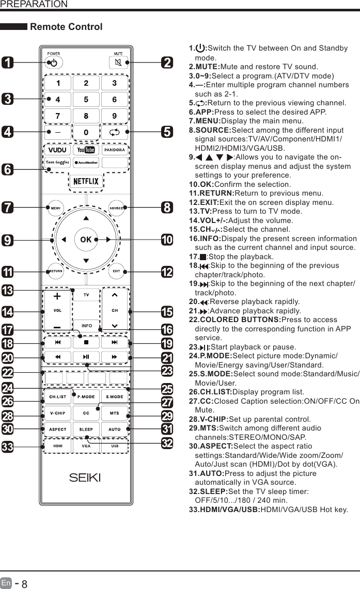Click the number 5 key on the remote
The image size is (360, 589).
[86, 100]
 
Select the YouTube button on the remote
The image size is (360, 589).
[86, 150]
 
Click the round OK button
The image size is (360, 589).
[86, 240]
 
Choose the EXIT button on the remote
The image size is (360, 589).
[117, 271]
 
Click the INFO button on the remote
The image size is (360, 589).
[86, 326]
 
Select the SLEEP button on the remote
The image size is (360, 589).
[86, 429]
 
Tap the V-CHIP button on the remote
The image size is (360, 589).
[57, 413]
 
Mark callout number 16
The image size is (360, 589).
[167, 329]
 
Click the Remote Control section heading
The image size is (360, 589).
[67, 27]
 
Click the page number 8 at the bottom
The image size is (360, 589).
[24, 584]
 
